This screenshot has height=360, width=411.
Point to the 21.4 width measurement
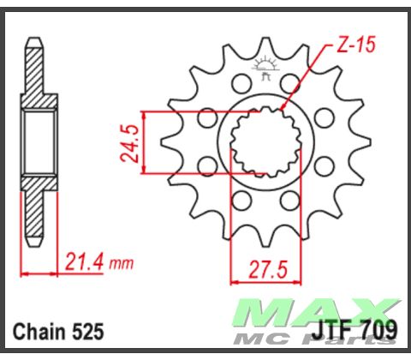[x=84, y=260]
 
